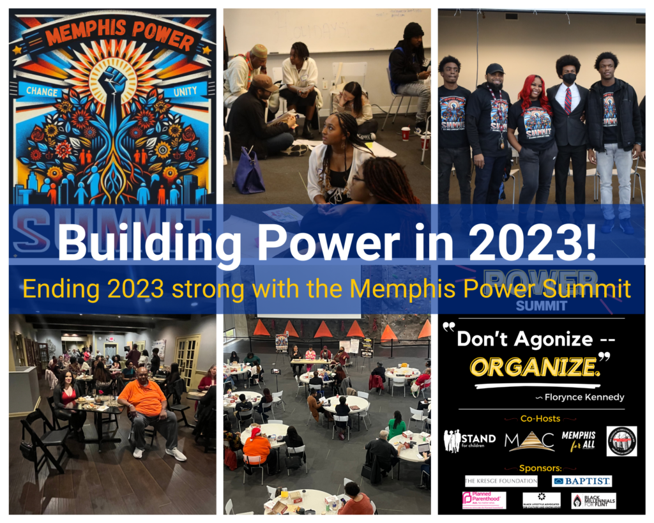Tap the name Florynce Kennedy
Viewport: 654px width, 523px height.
(x=581, y=397)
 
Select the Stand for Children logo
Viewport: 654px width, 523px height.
(x=469, y=440)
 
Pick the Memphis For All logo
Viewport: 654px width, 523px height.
(x=578, y=440)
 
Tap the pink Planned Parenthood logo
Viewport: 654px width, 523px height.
(x=483, y=500)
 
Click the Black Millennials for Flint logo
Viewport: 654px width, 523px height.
(x=593, y=501)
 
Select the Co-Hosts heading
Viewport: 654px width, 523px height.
(x=541, y=419)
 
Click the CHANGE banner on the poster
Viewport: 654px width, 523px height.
(x=44, y=91)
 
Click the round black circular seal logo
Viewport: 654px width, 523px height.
(x=621, y=441)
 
